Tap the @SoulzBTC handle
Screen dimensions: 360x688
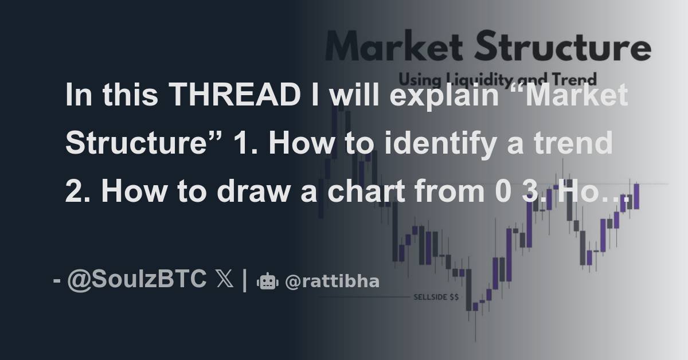[x=137, y=280]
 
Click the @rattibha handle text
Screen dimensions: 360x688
[x=332, y=281]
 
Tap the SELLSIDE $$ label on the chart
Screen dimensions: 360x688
[x=436, y=298]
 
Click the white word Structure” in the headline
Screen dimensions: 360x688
[x=137, y=144]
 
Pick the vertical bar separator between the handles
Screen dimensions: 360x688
[x=245, y=280]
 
